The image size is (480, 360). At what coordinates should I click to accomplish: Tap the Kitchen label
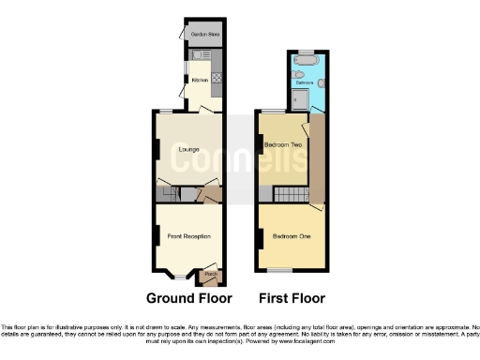[x=200, y=81]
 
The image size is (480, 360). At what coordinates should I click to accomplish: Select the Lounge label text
[x=187, y=149]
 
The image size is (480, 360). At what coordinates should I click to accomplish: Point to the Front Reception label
[x=187, y=236]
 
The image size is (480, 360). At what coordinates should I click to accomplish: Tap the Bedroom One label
[x=292, y=236]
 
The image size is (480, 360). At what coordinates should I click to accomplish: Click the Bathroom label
[x=305, y=83]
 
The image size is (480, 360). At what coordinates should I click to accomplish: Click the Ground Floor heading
[x=188, y=299]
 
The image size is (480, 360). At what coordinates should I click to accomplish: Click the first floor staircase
[x=285, y=194]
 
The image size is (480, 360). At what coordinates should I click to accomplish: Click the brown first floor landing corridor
[x=317, y=159]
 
